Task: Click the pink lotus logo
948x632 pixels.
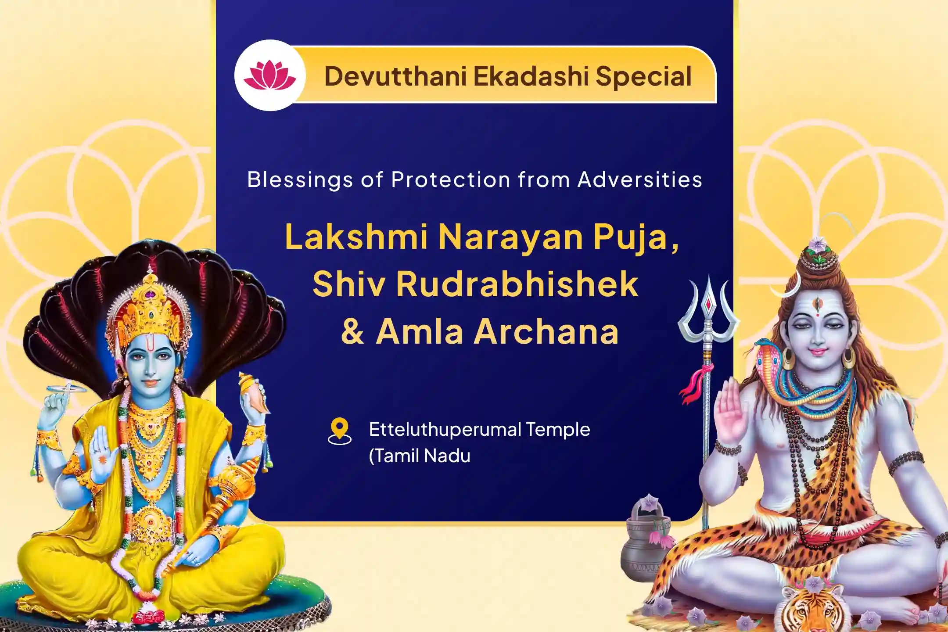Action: pos(269,75)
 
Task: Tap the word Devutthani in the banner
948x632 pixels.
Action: pos(395,76)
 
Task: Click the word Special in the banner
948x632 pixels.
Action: pos(643,76)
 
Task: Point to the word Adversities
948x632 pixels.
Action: pos(640,180)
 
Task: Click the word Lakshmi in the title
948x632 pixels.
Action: pos(356,237)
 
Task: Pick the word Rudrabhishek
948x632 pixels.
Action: pos(517,284)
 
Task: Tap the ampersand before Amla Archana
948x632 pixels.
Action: pos(352,332)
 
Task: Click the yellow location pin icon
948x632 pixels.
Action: pos(339,430)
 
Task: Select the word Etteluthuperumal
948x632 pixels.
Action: pos(445,430)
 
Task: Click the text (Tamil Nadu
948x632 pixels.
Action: pos(419,456)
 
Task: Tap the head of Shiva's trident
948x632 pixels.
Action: pos(707,307)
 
